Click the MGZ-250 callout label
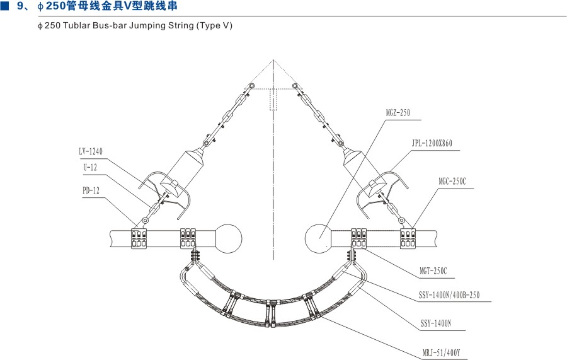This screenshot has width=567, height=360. coord(398,113)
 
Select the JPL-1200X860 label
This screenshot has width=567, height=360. coord(432,143)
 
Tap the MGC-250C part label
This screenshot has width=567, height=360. coord(452,182)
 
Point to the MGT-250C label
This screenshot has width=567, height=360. coord(433,271)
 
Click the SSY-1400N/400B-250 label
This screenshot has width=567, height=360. coord(449,295)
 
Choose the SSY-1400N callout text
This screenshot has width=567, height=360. coord(436,323)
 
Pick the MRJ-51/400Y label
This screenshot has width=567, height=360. coord(441,352)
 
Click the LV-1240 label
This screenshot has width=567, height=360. coord(91,151)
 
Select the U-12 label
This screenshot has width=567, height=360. coord(90,168)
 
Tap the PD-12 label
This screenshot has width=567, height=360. coord(91,190)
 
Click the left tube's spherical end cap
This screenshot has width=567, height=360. coord(229,239)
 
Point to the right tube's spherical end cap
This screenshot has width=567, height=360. coord(318,239)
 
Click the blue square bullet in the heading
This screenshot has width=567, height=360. coord(4,6)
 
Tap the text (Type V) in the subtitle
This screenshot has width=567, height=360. coord(214,26)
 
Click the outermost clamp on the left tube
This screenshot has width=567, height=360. coord(139,238)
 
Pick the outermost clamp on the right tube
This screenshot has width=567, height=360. coord(408,238)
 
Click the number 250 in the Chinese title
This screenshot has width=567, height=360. coord(56,6)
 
